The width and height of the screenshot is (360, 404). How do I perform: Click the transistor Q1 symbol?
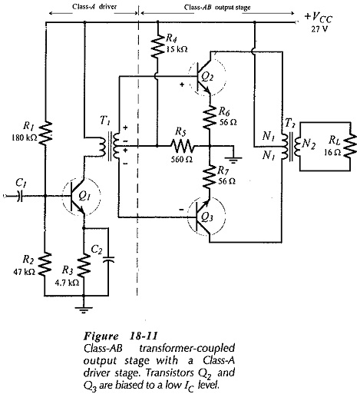point(81,197)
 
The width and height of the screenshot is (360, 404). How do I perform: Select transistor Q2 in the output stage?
point(207,77)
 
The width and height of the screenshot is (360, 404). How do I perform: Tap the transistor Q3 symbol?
point(206,217)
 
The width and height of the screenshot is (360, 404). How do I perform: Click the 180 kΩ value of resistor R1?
point(25,137)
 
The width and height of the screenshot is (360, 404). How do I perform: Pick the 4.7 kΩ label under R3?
point(67,283)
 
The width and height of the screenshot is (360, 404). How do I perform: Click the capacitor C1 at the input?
point(19,197)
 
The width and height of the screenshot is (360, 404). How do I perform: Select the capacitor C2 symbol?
point(108,259)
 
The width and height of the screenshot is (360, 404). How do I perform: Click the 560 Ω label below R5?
point(182,160)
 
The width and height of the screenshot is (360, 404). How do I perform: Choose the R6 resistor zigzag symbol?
point(210,117)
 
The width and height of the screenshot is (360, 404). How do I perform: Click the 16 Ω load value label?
point(332,153)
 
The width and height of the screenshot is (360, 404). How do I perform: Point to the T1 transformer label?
point(105,121)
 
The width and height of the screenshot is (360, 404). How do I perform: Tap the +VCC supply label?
point(319,18)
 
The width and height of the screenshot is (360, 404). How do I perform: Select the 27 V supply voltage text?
point(319,29)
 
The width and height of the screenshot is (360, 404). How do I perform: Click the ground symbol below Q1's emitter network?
point(84,310)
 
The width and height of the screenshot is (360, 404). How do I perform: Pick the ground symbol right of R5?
point(233,160)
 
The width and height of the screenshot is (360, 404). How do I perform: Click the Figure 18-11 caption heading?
point(121,336)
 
